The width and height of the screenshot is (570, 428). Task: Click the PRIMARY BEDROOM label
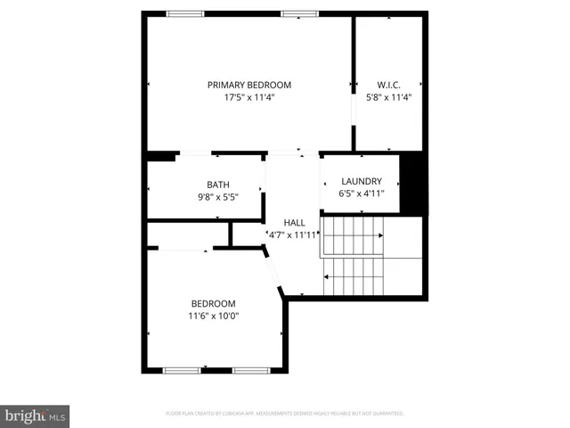[249, 86]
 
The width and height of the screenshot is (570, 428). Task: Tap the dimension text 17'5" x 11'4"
[249, 98]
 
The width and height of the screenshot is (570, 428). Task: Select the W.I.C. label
[388, 86]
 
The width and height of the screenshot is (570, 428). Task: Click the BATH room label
[206, 185]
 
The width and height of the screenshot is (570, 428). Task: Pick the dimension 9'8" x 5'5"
[206, 197]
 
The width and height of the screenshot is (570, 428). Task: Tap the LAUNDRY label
[360, 181]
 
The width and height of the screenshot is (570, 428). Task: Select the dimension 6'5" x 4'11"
[360, 193]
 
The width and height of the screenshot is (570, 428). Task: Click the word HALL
[294, 222]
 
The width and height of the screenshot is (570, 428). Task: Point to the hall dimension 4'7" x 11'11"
[294, 235]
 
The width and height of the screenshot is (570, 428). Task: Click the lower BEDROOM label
[213, 303]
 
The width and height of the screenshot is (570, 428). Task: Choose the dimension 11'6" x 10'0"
[213, 316]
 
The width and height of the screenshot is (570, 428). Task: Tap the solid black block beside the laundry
[411, 183]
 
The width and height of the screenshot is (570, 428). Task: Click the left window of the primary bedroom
[184, 13]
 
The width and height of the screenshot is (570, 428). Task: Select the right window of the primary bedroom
[300, 13]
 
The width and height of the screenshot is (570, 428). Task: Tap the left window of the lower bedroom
[181, 369]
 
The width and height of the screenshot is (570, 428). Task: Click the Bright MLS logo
[36, 416]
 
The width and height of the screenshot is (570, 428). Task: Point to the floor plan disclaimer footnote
[285, 414]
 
